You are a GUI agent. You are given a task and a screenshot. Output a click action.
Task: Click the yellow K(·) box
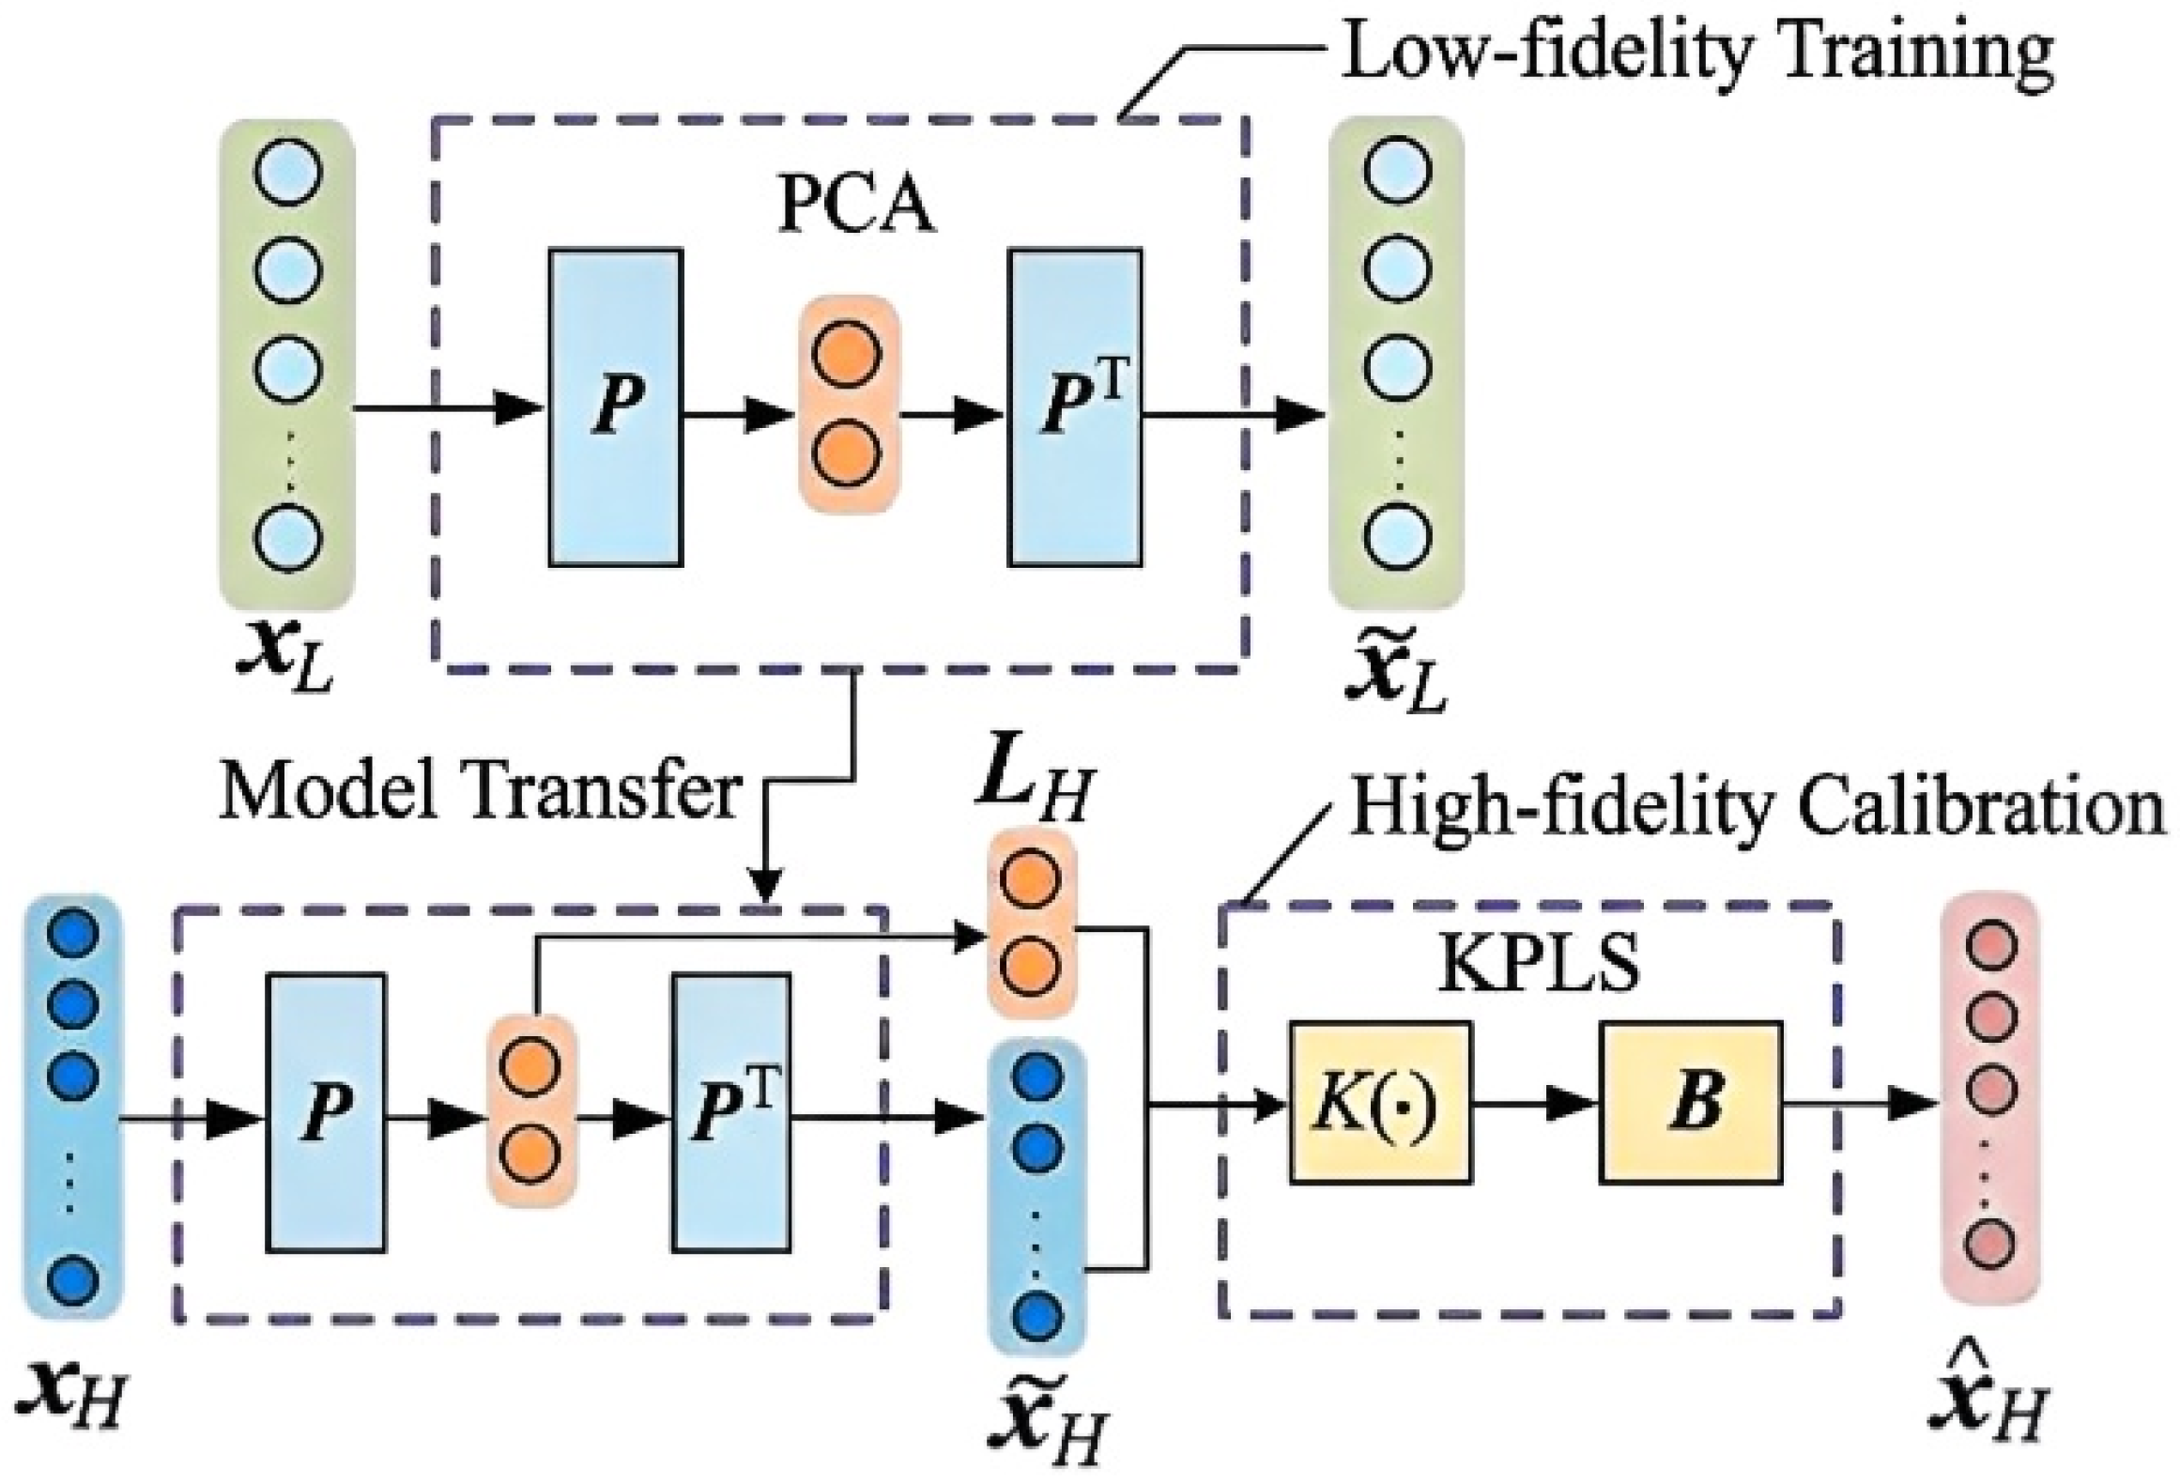click(1379, 1102)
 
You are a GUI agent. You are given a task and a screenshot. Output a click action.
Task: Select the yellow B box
click(1691, 1102)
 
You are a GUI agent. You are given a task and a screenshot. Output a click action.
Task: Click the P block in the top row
click(615, 407)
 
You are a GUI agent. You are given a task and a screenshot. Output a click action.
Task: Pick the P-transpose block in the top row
click(1075, 407)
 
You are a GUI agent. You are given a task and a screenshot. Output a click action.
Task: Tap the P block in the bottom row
click(325, 1112)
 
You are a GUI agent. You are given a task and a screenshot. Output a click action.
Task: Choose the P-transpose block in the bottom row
click(730, 1112)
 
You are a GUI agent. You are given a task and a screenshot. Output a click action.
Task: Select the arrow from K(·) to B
click(1535, 1104)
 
